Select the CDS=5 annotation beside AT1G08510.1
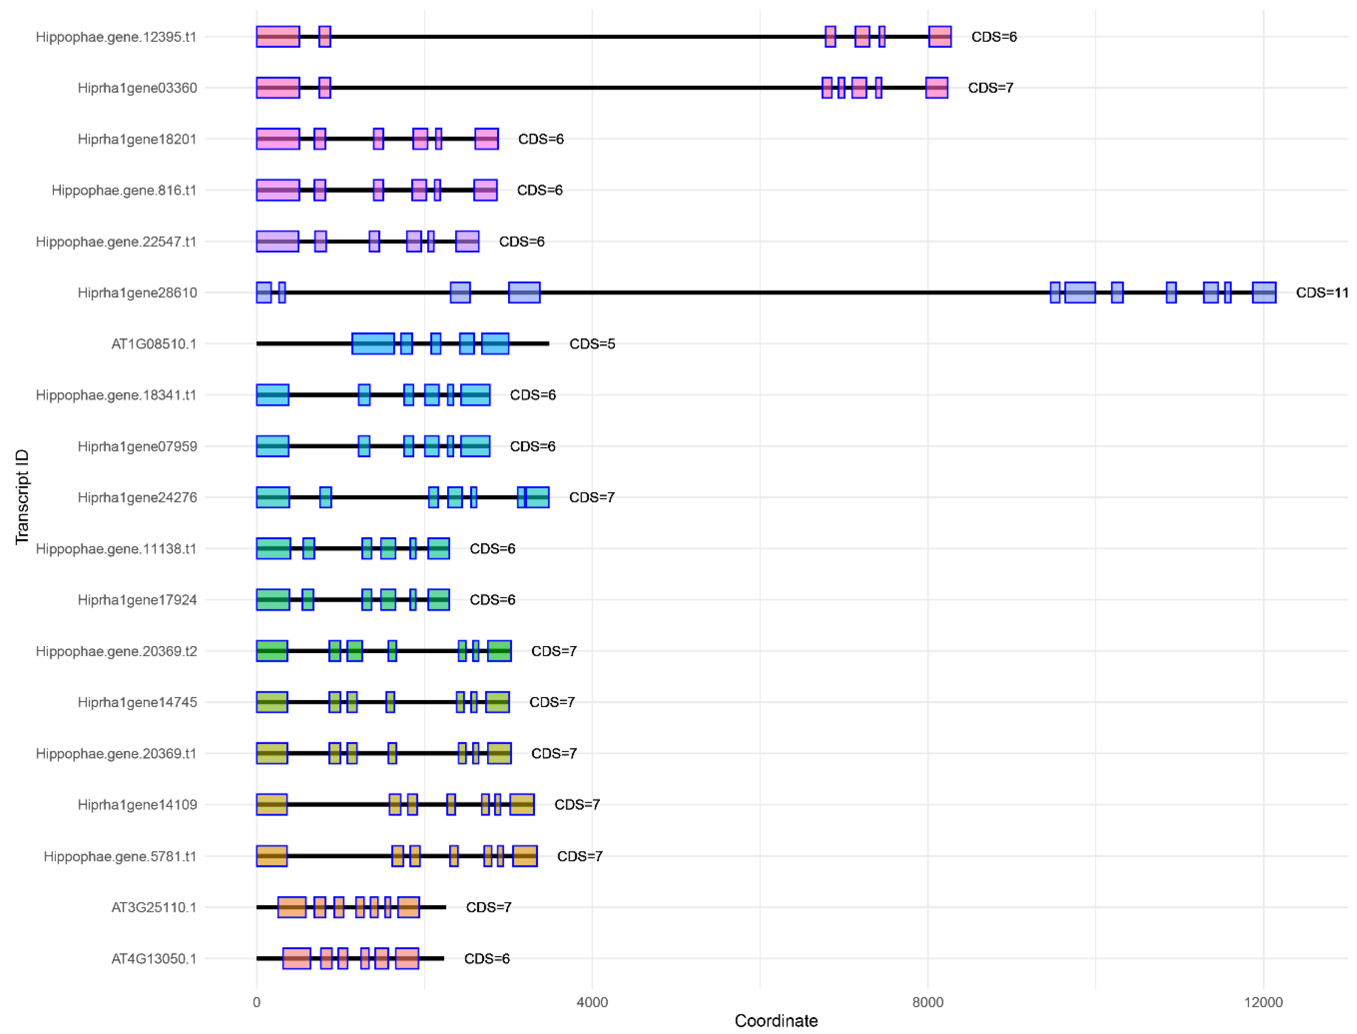click(x=592, y=344)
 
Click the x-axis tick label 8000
click(x=927, y=1003)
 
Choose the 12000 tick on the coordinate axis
click(x=1263, y=1003)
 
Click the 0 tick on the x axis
click(x=257, y=1003)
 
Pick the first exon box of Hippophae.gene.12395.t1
click(x=278, y=37)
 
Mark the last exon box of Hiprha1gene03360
click(x=936, y=88)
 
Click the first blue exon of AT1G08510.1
click(x=373, y=344)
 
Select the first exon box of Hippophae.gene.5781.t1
click(x=271, y=856)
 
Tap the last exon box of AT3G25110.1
click(x=408, y=907)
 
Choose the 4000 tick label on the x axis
click(x=592, y=1003)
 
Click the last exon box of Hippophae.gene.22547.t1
click(x=467, y=241)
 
